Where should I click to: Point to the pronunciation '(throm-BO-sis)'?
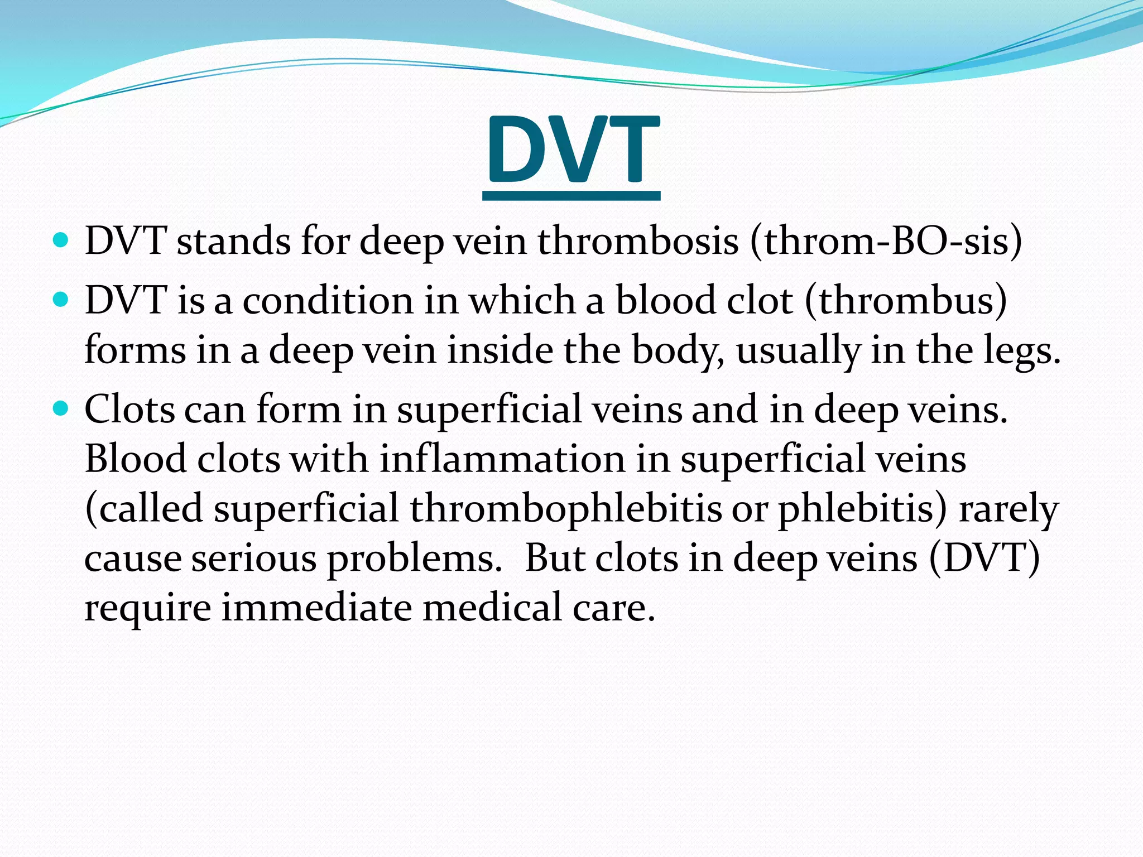[x=886, y=241]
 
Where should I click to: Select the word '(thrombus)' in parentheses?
[x=905, y=300]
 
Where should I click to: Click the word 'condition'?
[x=328, y=300]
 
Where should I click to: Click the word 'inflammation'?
[x=502, y=459]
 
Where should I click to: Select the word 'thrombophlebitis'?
[x=566, y=508]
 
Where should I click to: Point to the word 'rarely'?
[x=1008, y=508]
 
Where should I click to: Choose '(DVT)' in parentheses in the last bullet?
[x=984, y=558]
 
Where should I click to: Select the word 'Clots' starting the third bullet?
[x=129, y=409]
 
